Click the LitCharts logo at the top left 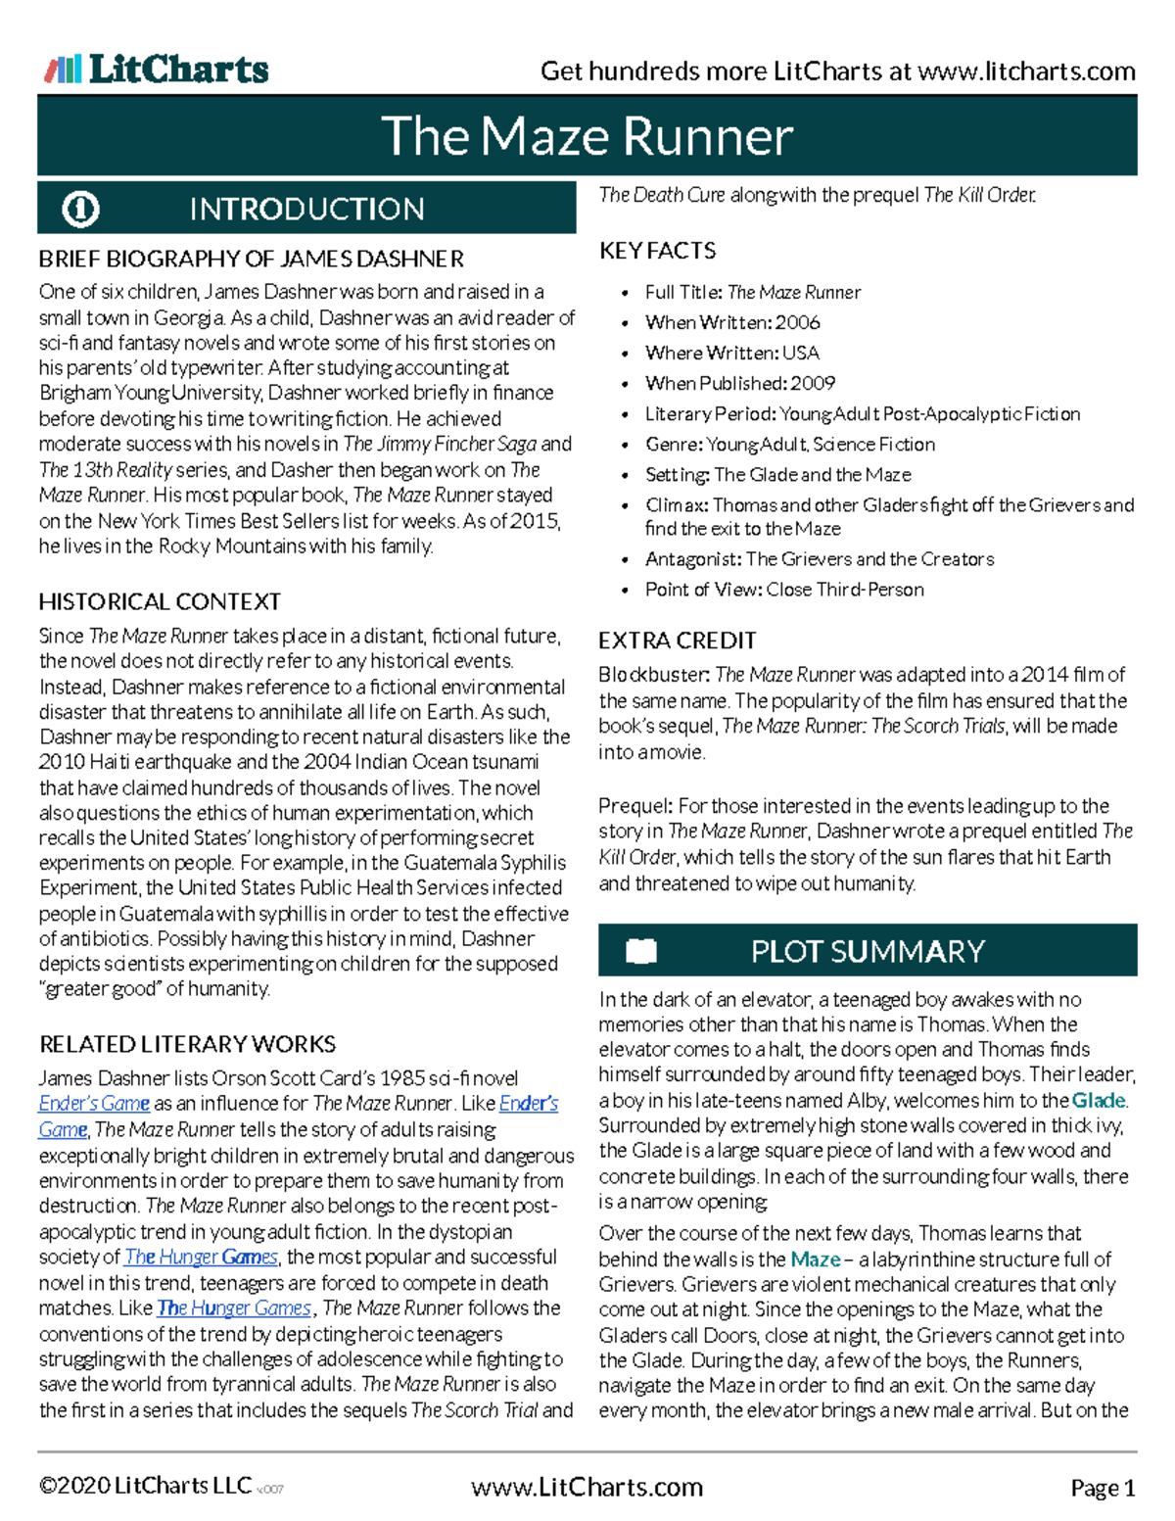157,69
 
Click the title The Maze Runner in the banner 587,136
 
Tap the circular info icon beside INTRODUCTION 80,209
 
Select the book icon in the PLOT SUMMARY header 641,951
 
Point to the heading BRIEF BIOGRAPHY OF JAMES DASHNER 251,259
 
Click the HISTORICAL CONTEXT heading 160,601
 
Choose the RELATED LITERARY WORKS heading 187,1044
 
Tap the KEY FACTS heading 657,251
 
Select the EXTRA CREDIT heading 677,641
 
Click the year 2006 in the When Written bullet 797,322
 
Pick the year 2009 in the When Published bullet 813,383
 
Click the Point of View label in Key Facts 702,590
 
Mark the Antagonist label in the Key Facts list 692,559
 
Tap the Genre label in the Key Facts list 673,445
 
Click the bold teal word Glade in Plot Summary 1098,1100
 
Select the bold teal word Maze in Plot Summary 815,1260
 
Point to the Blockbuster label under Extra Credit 653,675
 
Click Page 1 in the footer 1103,1489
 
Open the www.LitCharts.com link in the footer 587,1488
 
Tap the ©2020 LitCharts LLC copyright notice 145,1487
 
